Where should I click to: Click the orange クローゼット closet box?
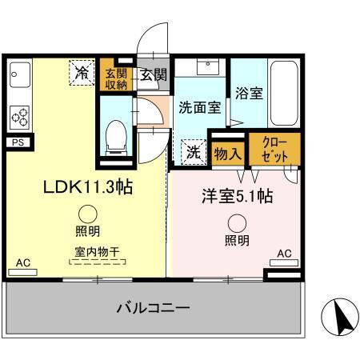pyautogui.click(x=275, y=150)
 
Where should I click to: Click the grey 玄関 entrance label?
pyautogui.click(x=154, y=76)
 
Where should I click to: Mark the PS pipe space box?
pyautogui.click(x=17, y=142)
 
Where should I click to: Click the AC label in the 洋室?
pyautogui.click(x=284, y=254)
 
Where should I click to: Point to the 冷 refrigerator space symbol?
pyautogui.click(x=82, y=72)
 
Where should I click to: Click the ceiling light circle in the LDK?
pyautogui.click(x=88, y=214)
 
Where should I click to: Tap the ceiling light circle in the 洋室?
pyautogui.click(x=236, y=224)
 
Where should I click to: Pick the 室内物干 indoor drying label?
pyautogui.click(x=92, y=251)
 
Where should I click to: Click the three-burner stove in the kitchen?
pyautogui.click(x=18, y=116)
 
